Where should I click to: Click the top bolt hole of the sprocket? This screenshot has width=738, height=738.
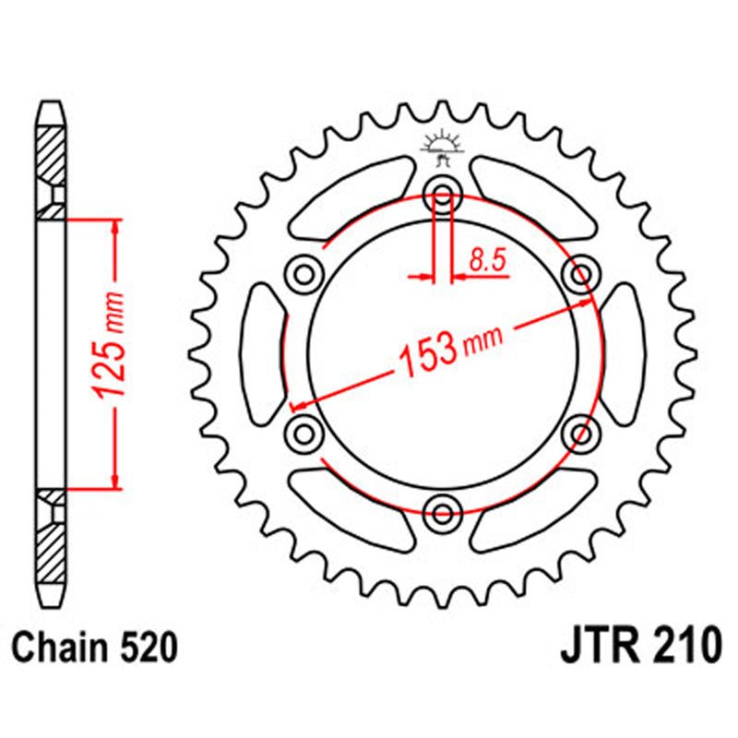tap(442, 195)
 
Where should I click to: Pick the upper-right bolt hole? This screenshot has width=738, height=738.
tap(580, 274)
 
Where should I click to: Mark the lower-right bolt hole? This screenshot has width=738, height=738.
tap(580, 432)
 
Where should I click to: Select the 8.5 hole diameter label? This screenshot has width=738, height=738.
tap(487, 261)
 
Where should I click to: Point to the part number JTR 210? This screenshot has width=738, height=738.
tap(640, 646)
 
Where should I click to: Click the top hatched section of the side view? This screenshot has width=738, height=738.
tap(52, 152)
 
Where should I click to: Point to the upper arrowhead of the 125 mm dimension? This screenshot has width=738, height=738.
tap(114, 227)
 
